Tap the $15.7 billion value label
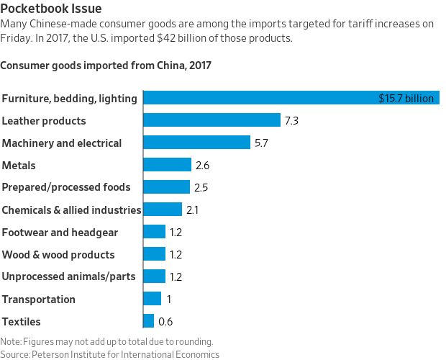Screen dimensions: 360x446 [406, 99]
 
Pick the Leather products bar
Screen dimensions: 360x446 [212, 120]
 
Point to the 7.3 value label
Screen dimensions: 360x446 [291, 121]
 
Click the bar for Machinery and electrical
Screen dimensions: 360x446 [197, 143]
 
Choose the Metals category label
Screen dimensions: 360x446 [19, 166]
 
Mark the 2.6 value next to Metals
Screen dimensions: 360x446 [202, 166]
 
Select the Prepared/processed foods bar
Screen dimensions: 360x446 [167, 187]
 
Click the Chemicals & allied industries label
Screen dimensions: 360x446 [70, 210]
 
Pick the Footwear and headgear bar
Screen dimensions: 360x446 [155, 232]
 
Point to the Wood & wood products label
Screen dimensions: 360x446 [58, 254]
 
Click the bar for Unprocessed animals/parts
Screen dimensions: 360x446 [155, 276]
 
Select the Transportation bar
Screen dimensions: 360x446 [153, 299]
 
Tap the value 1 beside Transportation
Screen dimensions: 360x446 [168, 300]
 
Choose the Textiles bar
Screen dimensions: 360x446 [149, 321]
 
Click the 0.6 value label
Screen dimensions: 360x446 [165, 322]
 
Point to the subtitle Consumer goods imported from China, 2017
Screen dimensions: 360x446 [106, 66]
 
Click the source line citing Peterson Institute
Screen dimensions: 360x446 [109, 354]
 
